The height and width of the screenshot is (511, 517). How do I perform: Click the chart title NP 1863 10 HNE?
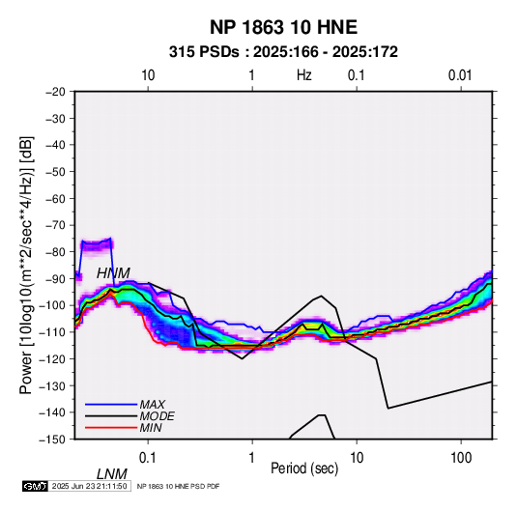coord(283,27)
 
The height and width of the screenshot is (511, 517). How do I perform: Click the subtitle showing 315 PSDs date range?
coord(283,52)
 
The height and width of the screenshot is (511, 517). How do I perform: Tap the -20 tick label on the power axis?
coord(55,92)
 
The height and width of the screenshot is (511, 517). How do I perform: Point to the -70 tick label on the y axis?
coord(55,225)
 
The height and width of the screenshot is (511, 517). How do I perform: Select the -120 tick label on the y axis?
coord(52,358)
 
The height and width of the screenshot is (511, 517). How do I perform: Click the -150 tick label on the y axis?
coord(52,440)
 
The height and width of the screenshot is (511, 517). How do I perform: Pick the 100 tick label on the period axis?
coord(461,458)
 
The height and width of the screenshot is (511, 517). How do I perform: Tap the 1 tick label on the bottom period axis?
coord(252,458)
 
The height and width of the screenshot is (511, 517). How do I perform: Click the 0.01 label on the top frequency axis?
coord(460,75)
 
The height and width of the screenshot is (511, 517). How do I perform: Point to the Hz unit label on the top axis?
coord(304,75)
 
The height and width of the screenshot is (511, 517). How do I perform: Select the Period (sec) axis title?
coord(304,468)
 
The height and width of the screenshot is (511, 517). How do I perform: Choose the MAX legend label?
coord(153,405)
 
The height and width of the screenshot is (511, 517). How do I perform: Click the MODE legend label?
coord(157,416)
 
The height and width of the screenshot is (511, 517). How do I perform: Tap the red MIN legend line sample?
coord(111,428)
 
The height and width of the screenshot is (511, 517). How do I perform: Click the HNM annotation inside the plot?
coord(113,273)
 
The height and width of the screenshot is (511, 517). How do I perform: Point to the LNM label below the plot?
coord(112,474)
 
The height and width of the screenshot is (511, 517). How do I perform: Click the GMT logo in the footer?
coord(36,486)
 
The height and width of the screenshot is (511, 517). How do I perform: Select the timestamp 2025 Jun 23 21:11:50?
coord(89,486)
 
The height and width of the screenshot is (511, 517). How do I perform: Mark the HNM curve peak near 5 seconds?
coord(322,296)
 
